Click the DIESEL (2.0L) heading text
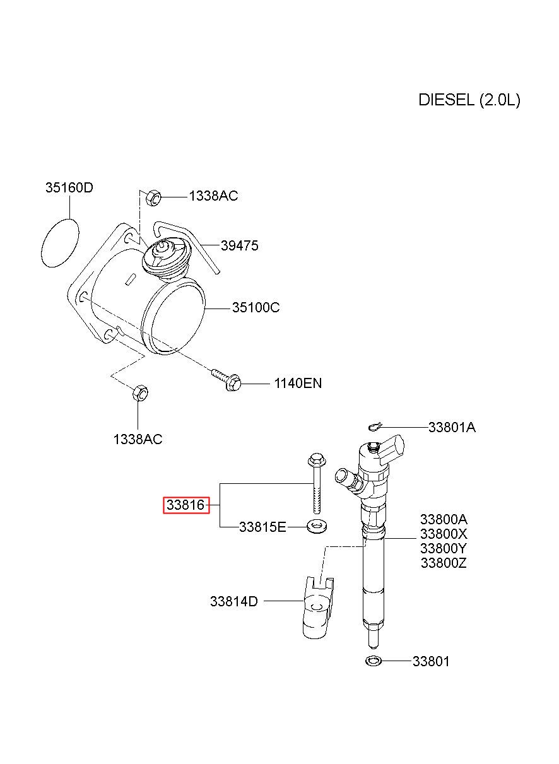[469, 100]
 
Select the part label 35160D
[69, 187]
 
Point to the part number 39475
[239, 245]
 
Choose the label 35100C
[256, 308]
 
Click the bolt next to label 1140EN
[226, 379]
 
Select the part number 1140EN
[298, 384]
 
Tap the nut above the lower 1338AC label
[139, 393]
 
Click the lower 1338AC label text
[138, 439]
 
